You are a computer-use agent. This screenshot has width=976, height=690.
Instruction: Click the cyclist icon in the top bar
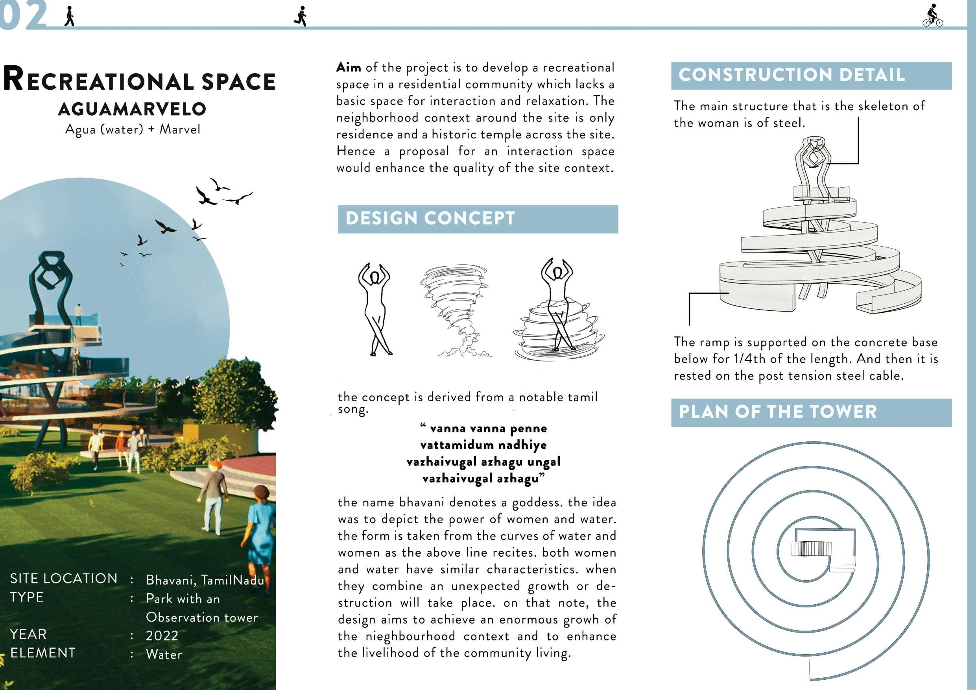click(933, 16)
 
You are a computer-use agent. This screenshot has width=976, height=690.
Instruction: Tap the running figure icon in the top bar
click(301, 17)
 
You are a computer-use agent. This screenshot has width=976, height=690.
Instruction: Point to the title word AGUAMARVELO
click(132, 109)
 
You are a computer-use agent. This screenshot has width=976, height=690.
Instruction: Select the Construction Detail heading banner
click(811, 76)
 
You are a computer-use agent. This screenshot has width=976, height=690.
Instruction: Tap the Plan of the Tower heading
click(811, 412)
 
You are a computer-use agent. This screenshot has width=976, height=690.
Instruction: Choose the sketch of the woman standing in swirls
click(557, 310)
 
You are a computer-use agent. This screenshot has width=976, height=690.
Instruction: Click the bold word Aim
click(349, 67)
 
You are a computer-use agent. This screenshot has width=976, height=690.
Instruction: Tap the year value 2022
click(162, 636)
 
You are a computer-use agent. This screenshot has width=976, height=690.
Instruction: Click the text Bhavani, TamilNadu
click(205, 580)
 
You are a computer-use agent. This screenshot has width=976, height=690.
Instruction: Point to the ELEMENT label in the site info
click(43, 653)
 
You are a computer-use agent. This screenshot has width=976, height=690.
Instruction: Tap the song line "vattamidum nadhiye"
click(483, 445)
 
